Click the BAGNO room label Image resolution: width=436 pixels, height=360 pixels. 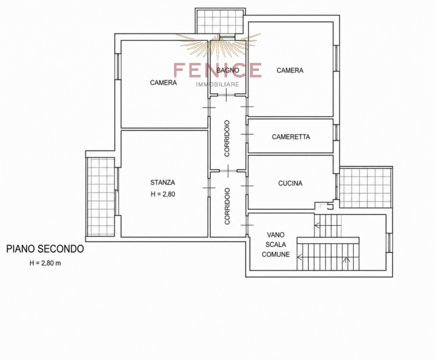pos(228,70)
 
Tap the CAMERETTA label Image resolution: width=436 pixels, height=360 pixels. pos(291,136)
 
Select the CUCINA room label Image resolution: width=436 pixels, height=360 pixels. pos(290,183)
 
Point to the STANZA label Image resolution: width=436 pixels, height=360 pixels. pos(162,183)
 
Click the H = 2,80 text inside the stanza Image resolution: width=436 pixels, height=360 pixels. pos(163,194)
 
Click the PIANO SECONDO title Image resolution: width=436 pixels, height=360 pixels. pos(45,249)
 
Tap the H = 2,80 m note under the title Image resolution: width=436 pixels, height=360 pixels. pos(45,263)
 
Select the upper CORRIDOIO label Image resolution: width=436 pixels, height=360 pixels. pos(227,138)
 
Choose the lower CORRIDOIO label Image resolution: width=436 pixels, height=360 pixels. pos(227,206)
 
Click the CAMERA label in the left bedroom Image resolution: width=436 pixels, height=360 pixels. pos(163,82)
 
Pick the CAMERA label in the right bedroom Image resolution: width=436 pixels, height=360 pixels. pos(290,70)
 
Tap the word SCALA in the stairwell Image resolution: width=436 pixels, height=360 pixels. pos(276,244)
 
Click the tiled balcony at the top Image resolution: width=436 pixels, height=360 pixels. pos(220,21)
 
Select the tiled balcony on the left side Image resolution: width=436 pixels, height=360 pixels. pos(101,197)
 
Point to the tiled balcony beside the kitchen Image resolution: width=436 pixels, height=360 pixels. pos(366,188)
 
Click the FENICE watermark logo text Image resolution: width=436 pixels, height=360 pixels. pos(217,70)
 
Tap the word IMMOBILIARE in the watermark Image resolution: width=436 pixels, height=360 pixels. pos(217,85)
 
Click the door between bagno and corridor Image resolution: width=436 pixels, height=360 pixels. pos(226,95)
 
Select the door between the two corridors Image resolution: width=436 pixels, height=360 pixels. pos(228,171)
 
